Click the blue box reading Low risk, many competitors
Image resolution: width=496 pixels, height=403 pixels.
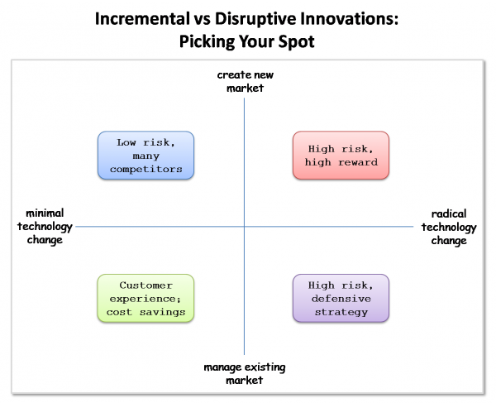click(x=145, y=156)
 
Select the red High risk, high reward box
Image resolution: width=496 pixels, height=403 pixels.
click(x=341, y=156)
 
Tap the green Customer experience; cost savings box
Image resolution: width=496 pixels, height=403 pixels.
click(x=145, y=299)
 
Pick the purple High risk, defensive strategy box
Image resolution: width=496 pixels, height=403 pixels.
click(x=341, y=299)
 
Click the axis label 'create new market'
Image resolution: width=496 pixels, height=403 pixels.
click(x=246, y=81)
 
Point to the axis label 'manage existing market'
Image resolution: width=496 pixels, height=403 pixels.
click(x=245, y=373)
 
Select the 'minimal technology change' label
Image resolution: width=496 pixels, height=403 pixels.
click(x=45, y=227)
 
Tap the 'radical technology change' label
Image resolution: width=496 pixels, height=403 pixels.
click(x=449, y=227)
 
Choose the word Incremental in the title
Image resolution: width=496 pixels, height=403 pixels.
click(x=141, y=19)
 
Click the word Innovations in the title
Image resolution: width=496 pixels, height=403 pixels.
click(x=349, y=19)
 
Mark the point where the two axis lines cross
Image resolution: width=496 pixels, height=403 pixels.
click(x=244, y=227)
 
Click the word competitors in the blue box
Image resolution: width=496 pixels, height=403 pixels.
click(x=145, y=170)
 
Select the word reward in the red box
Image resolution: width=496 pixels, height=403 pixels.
click(x=358, y=162)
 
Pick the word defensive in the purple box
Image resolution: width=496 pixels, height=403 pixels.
click(x=341, y=299)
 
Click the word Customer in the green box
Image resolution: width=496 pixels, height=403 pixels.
click(x=145, y=285)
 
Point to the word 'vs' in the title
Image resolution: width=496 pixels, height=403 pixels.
click(x=202, y=20)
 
